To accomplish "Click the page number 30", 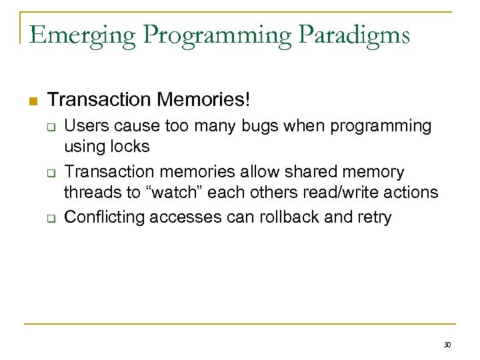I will (447, 345).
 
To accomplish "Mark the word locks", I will (129, 147).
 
